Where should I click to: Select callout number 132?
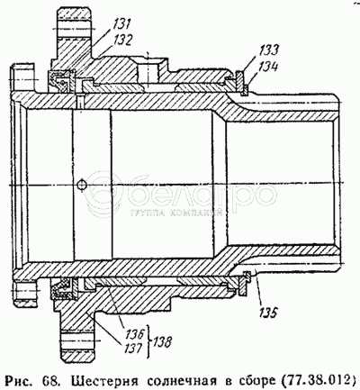pos(121,41)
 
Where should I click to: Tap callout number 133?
pos(268,50)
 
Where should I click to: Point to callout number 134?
pos(268,67)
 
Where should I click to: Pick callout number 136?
pos(135,334)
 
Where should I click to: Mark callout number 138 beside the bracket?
pos(163,342)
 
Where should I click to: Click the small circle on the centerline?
pos(81,185)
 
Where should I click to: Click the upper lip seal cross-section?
pos(62,80)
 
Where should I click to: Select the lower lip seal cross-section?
pos(62,289)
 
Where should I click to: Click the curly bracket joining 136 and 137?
pos(148,341)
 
